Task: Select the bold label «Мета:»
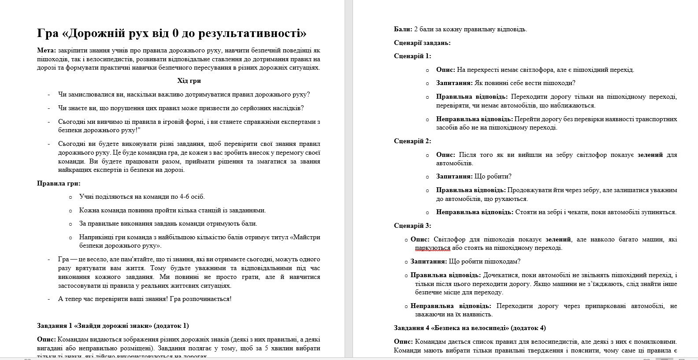click(47, 50)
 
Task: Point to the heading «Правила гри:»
click(59, 183)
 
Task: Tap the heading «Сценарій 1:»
click(412, 56)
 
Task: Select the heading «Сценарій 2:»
click(412, 141)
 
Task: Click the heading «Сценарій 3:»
click(412, 226)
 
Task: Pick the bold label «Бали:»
click(403, 29)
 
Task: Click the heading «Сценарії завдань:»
click(422, 43)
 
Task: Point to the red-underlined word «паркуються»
click(432, 248)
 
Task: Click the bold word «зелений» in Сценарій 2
click(650, 155)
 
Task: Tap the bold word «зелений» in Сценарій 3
click(558, 239)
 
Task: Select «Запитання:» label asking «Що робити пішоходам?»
click(428, 261)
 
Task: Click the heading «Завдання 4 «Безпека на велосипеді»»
click(470, 328)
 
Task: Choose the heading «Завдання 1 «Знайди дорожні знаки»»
click(112, 326)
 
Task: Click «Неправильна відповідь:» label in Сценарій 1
click(474, 119)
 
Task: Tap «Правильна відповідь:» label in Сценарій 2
click(471, 190)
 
